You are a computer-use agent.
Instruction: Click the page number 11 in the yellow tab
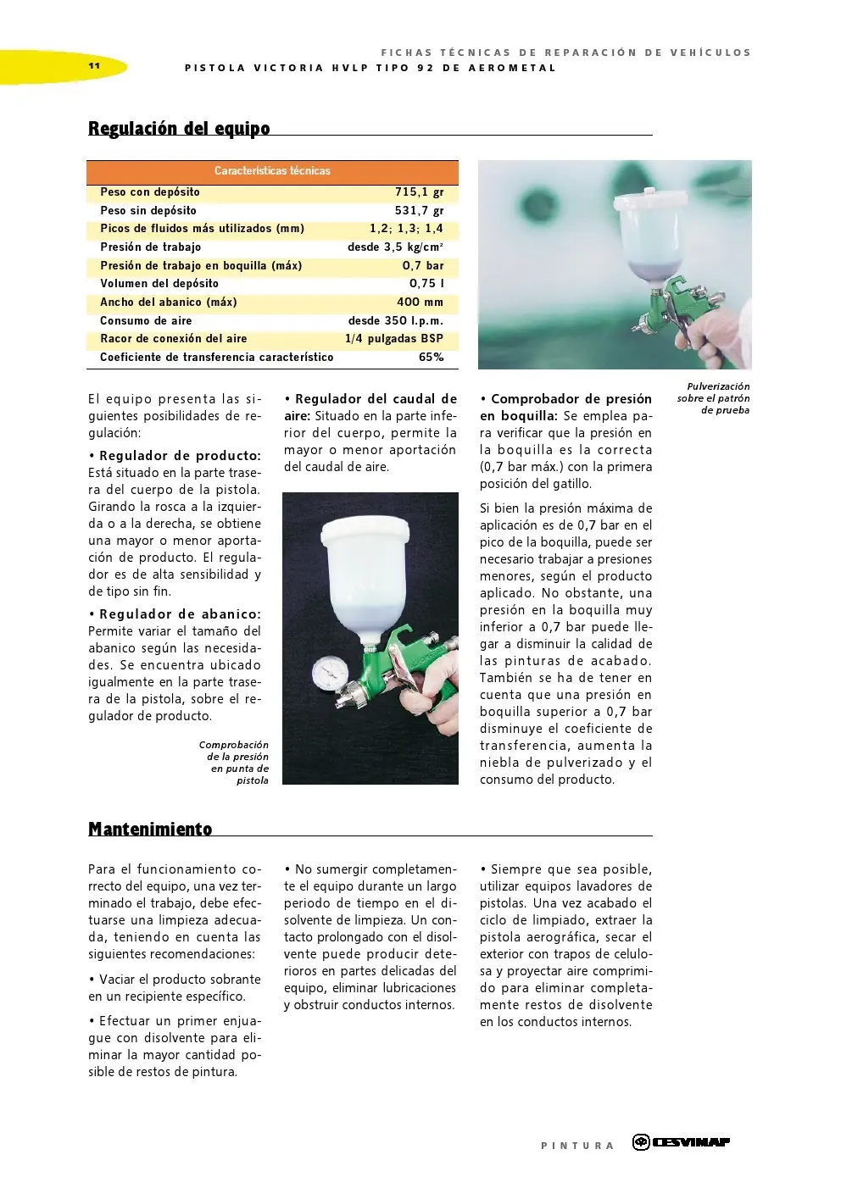[x=93, y=66]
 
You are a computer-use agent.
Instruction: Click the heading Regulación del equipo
[x=179, y=129]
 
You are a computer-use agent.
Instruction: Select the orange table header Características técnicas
[x=272, y=171]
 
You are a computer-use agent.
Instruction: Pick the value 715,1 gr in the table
[x=419, y=192]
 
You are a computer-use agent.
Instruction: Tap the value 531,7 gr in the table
[x=419, y=211]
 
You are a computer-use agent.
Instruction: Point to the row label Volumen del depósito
[x=159, y=284]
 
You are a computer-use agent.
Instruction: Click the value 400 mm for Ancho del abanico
[x=420, y=302]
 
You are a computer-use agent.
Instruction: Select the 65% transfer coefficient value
[x=431, y=358]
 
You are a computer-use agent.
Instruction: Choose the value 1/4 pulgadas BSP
[x=393, y=339]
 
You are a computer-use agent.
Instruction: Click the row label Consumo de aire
[x=146, y=321]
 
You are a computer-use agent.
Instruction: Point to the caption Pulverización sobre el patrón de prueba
[x=714, y=398]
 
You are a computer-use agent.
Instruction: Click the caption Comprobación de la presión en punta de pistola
[x=234, y=763]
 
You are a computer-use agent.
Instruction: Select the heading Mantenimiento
[x=150, y=830]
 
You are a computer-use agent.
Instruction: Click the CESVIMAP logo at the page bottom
[x=681, y=1142]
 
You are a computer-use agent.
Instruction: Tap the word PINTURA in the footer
[x=577, y=1146]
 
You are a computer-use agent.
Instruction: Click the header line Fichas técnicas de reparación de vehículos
[x=565, y=53]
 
